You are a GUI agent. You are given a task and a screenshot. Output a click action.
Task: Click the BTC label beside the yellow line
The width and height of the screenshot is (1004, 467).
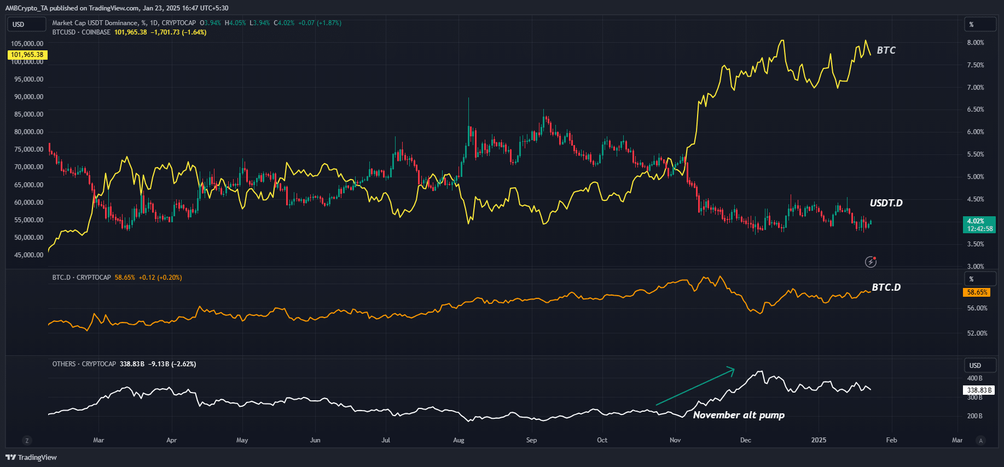(x=886, y=50)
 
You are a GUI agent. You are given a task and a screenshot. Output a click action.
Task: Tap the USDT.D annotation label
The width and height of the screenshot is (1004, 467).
(x=886, y=203)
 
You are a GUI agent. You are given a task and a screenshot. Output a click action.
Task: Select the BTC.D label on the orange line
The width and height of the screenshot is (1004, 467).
(x=886, y=287)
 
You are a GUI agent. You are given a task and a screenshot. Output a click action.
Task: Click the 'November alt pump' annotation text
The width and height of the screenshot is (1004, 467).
(x=739, y=415)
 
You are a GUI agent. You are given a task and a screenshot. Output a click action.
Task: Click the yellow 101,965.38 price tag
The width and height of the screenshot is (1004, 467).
(x=27, y=55)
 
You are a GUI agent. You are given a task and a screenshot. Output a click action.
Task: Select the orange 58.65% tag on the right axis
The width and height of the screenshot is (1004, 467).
(x=977, y=292)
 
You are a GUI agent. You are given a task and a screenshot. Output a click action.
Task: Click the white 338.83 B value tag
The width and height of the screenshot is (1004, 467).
(x=979, y=390)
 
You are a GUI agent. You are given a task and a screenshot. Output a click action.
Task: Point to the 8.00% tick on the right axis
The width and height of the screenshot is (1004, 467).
(x=975, y=43)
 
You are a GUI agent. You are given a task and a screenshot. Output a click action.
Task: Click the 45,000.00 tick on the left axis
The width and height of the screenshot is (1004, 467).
(x=28, y=255)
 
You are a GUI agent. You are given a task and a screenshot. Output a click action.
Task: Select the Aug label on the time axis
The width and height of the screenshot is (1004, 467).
(x=459, y=440)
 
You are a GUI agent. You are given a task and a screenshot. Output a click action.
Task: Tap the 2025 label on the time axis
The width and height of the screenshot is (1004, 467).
(x=819, y=440)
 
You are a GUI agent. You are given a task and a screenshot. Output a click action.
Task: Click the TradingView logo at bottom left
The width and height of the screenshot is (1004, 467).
(x=31, y=457)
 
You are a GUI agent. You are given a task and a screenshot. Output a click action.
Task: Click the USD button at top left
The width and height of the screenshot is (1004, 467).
(x=26, y=25)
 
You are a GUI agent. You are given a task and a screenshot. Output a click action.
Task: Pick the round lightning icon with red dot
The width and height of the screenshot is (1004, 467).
(x=870, y=262)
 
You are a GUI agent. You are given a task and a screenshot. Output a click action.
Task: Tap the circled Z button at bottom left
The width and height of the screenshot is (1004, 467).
(x=27, y=440)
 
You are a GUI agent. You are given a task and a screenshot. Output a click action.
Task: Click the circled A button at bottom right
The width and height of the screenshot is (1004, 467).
(x=980, y=440)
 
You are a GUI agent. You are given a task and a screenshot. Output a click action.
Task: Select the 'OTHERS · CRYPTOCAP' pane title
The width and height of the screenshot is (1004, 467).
(x=84, y=364)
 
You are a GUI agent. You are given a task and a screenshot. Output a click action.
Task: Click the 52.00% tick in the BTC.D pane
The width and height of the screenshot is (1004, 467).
(x=977, y=333)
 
